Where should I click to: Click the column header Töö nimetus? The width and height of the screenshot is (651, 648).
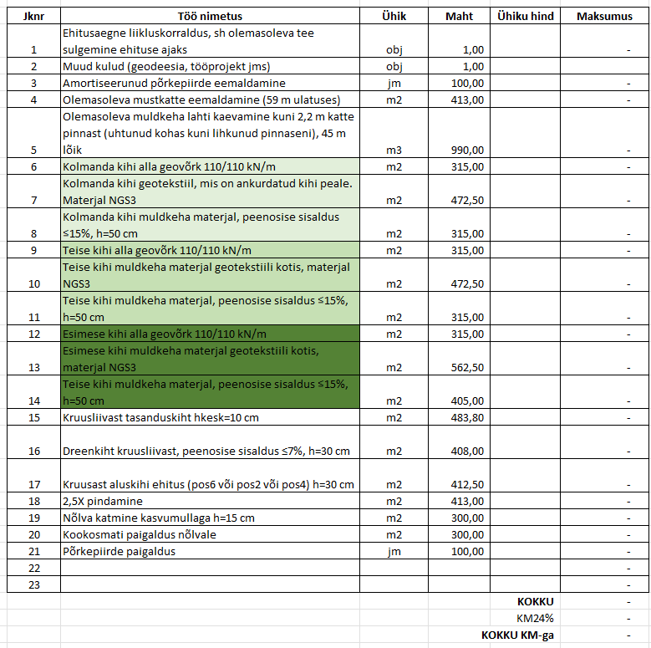[210, 16]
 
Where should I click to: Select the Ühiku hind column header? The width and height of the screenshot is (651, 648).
[525, 16]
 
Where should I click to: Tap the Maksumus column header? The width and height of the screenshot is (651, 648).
[604, 16]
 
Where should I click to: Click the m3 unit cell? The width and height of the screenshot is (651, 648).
[394, 150]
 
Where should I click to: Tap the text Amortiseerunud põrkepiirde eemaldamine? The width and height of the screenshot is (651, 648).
[174, 83]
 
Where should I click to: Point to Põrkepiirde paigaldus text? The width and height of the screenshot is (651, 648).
[120, 551]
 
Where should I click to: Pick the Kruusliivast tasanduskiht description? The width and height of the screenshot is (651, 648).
[160, 417]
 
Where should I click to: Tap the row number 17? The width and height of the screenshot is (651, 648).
[34, 484]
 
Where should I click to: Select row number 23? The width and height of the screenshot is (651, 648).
[34, 584]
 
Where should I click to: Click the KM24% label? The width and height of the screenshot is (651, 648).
[536, 618]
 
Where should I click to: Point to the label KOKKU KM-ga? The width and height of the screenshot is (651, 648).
[517, 635]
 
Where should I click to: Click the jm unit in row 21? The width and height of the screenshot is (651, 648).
[394, 551]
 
